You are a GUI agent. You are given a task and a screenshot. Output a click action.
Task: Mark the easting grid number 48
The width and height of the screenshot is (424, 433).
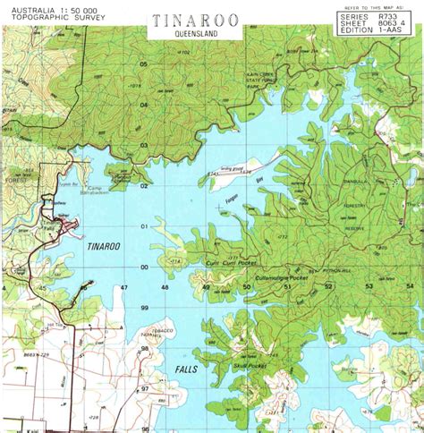165,287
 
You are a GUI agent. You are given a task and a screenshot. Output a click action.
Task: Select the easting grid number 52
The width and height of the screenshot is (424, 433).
327,286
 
